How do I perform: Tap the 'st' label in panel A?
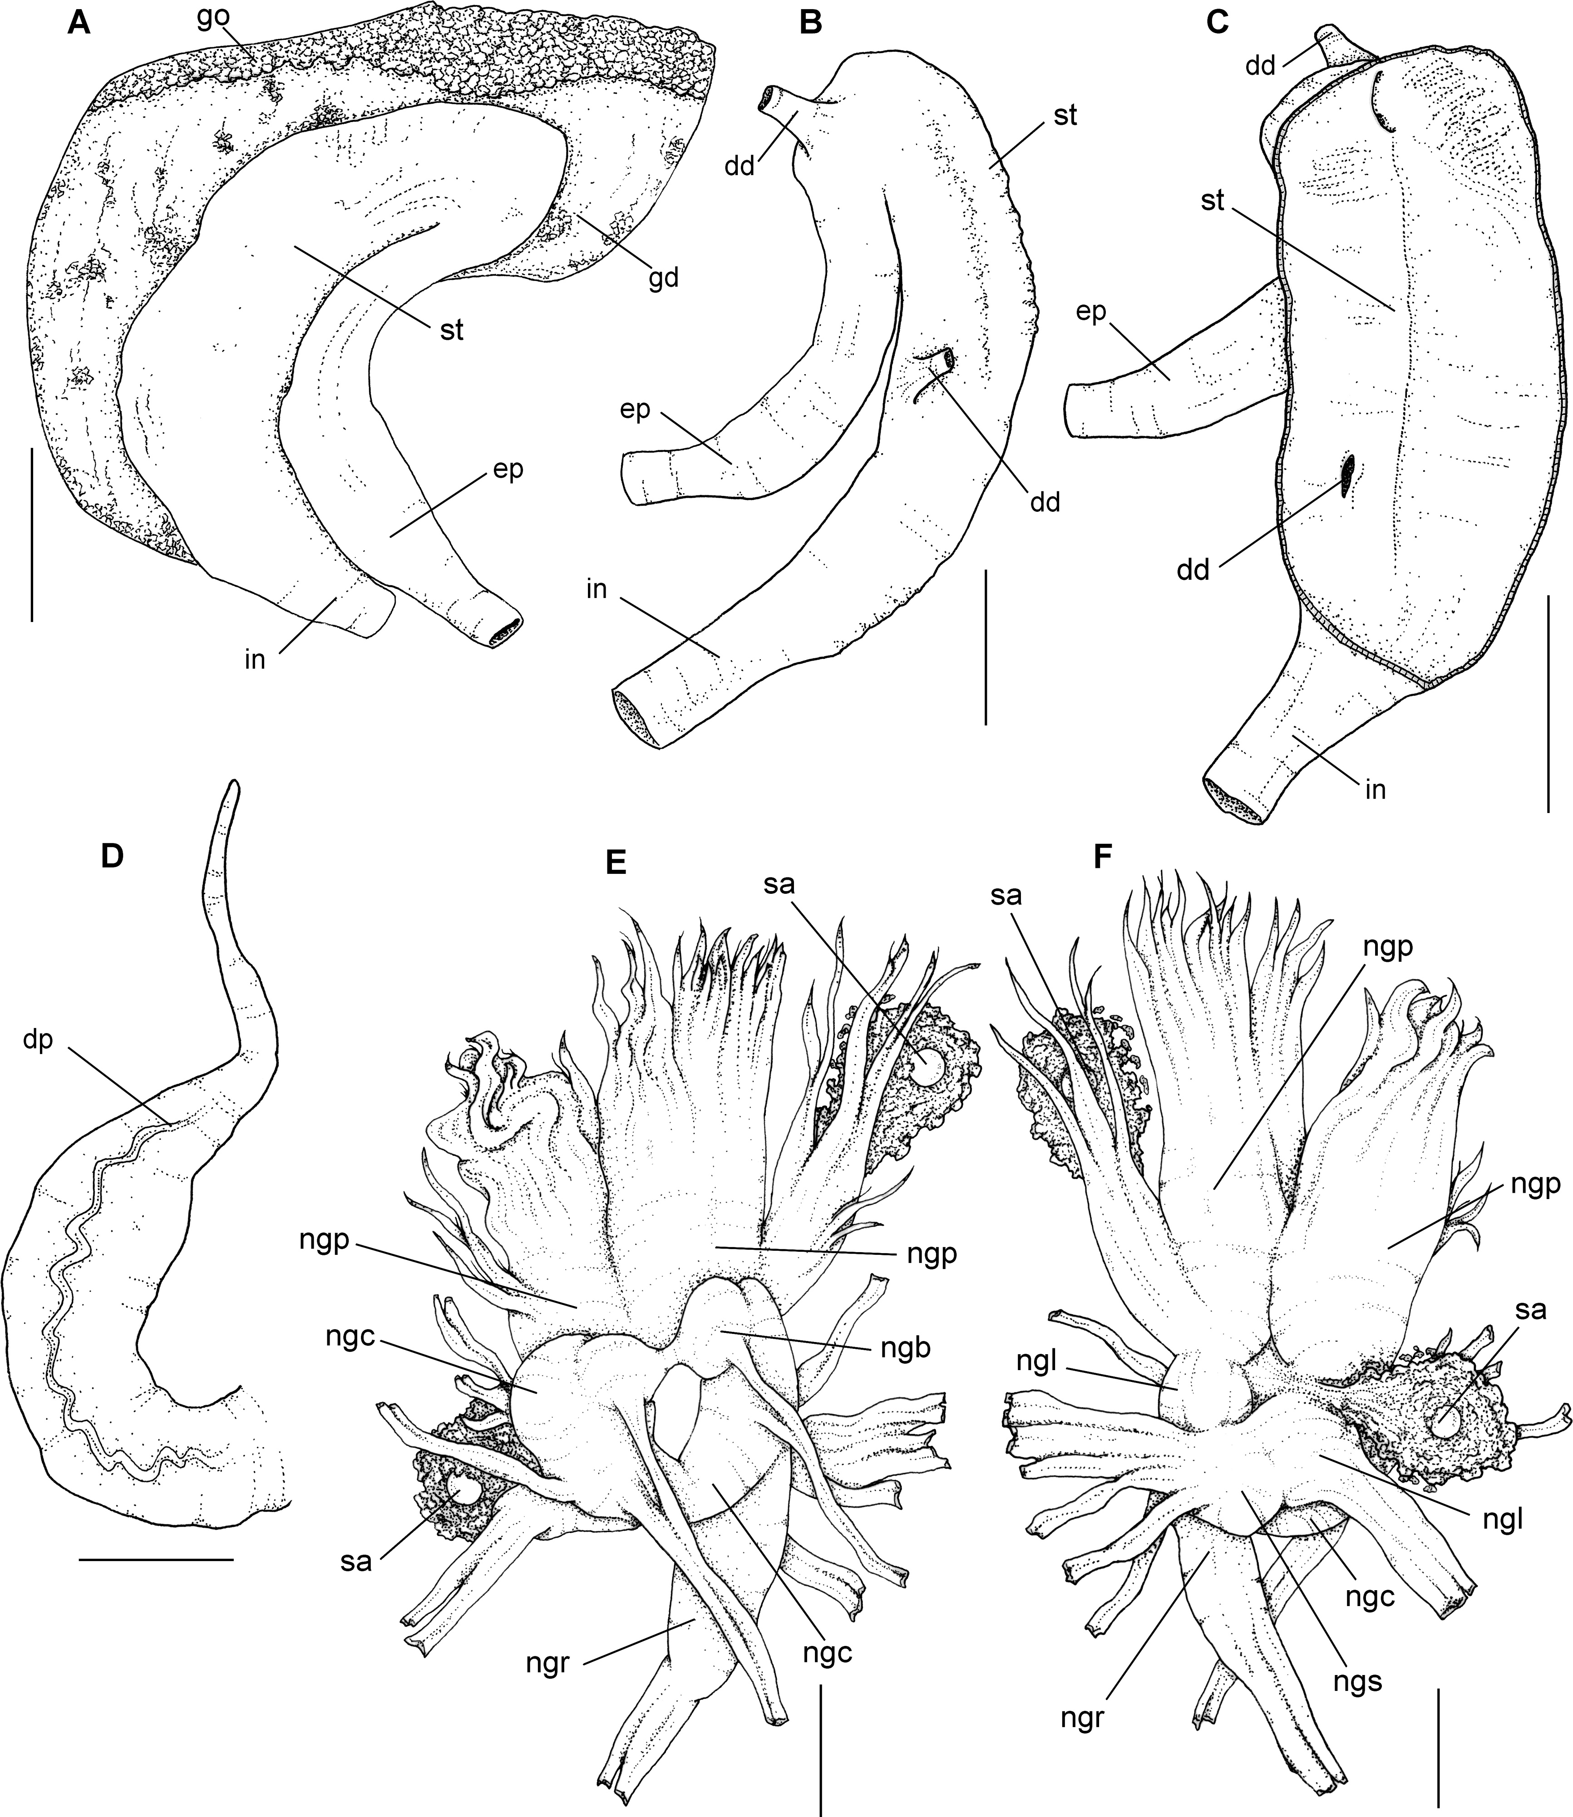point(451,332)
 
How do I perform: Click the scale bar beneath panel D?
point(156,1558)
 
